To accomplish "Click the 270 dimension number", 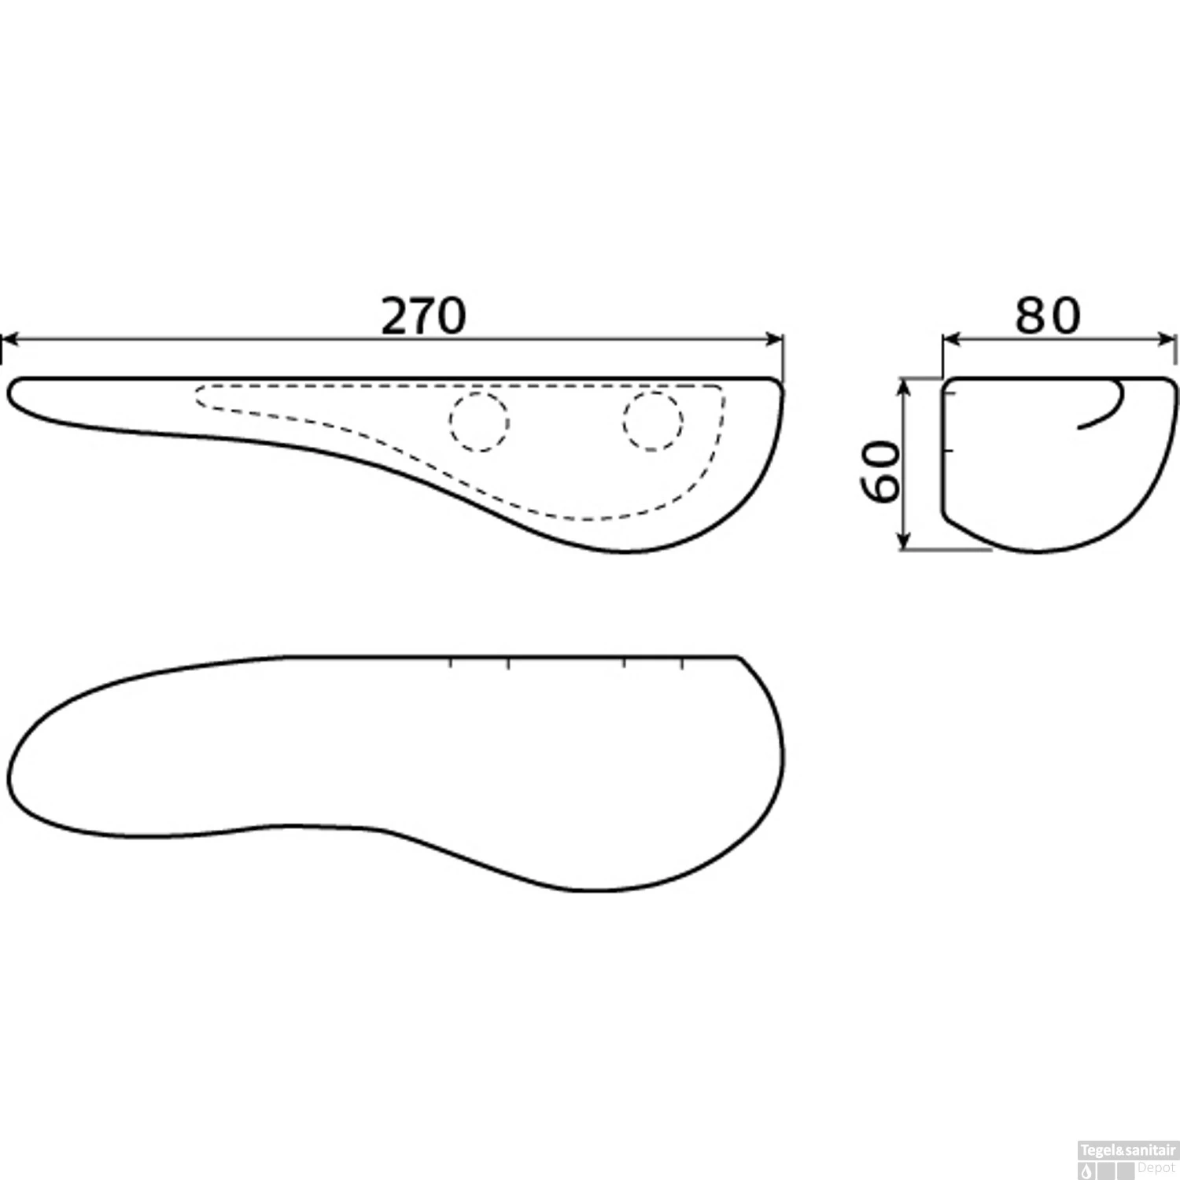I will pyautogui.click(x=423, y=316).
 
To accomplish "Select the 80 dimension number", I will pyautogui.click(x=1047, y=316).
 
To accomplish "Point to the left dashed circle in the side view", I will pyautogui.click(x=479, y=422).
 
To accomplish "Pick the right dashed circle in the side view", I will pyautogui.click(x=652, y=422).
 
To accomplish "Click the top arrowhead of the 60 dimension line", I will pyautogui.click(x=905, y=385).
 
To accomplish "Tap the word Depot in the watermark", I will pyautogui.click(x=1156, y=1168).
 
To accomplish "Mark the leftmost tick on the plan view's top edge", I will pyautogui.click(x=451, y=662).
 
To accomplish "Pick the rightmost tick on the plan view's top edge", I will pyautogui.click(x=682, y=662).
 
